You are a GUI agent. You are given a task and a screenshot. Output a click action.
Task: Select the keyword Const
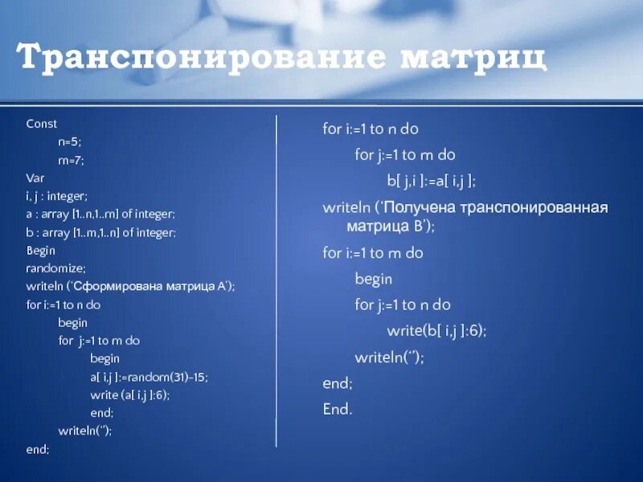(42, 124)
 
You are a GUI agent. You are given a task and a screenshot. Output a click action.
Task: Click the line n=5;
(70, 141)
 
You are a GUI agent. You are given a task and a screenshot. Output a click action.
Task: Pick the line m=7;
(71, 160)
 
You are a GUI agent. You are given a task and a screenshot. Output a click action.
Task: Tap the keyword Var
(35, 178)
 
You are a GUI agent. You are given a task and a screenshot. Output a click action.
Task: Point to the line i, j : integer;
(56, 196)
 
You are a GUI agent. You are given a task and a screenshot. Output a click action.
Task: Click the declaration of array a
(100, 214)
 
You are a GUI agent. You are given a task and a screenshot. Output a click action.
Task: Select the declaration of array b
(100, 232)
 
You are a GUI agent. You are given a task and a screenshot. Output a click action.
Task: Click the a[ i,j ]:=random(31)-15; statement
(154, 377)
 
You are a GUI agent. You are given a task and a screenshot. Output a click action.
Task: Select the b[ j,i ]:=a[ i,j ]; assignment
(432, 181)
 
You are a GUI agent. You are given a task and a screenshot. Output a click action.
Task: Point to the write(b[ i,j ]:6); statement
(436, 330)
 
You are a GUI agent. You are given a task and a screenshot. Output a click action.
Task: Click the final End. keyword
(338, 410)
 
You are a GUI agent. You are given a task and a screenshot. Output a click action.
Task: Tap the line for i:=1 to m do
(373, 253)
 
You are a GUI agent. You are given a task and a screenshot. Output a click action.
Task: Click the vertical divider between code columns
(277, 281)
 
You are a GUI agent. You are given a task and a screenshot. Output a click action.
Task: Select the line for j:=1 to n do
(403, 304)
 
